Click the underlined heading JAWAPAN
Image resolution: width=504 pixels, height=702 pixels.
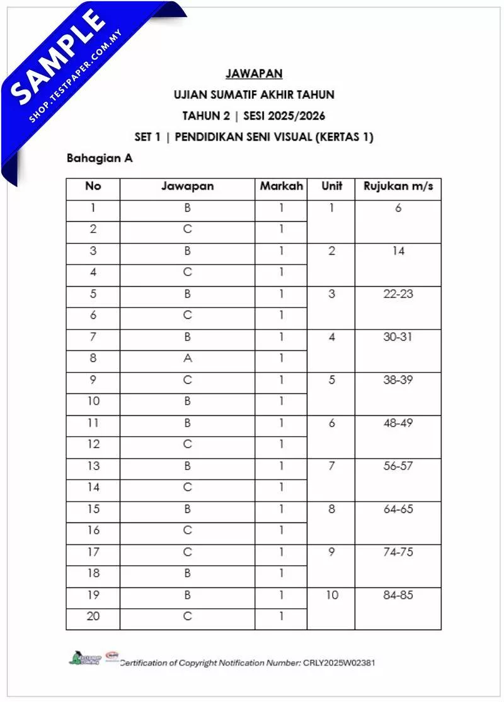(254, 74)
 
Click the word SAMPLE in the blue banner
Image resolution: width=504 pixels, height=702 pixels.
(59, 57)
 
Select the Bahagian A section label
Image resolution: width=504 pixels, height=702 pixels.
(100, 159)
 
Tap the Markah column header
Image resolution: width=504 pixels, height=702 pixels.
(281, 187)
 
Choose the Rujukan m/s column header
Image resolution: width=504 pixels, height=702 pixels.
(398, 187)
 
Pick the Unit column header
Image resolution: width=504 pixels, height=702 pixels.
(331, 187)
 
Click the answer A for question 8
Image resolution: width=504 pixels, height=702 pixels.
(187, 359)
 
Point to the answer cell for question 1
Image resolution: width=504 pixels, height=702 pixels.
(187, 208)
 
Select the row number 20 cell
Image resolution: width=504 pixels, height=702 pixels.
(93, 616)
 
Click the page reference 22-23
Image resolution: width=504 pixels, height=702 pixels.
(398, 294)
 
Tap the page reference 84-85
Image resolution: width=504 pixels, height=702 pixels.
(398, 595)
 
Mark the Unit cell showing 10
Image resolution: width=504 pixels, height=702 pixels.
(331, 595)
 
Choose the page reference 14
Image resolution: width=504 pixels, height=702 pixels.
(398, 251)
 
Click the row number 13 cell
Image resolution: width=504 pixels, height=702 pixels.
(93, 466)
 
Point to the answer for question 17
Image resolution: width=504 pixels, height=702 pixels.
(187, 552)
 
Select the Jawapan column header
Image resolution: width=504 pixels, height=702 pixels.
(187, 187)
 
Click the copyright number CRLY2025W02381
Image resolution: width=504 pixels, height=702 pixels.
(340, 663)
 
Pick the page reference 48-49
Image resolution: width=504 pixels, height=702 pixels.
(398, 423)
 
